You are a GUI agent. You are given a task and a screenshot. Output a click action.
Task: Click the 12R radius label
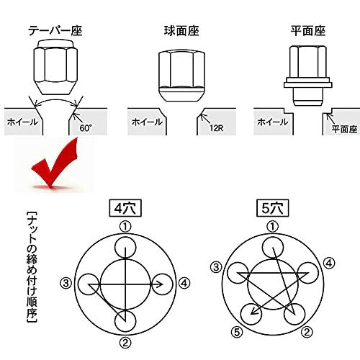pyautogui.click(x=216, y=128)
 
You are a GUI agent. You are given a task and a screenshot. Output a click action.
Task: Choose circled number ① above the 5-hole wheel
pyautogui.click(x=271, y=226)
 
